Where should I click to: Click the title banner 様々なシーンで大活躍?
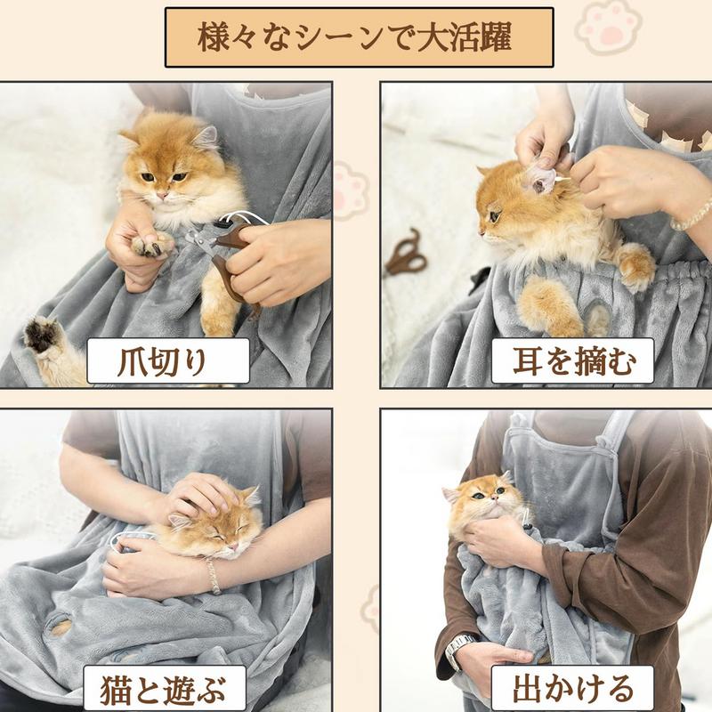coord(359,38)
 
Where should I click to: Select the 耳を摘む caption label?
coord(571,360)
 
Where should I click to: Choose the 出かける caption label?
coord(571,688)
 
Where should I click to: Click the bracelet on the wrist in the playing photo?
coord(213,576)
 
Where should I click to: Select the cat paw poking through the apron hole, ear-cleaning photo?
coord(597,319)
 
